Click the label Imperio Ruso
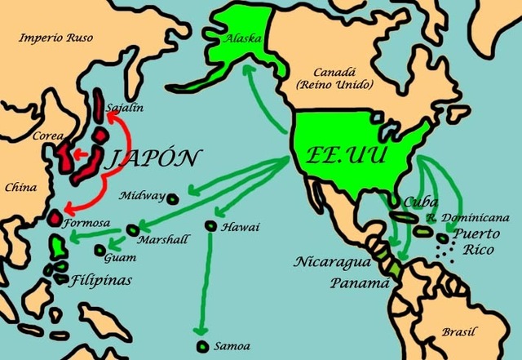[56, 37]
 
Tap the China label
[21, 188]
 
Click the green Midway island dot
[173, 197]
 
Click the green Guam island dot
[100, 251]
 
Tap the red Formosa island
[55, 219]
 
